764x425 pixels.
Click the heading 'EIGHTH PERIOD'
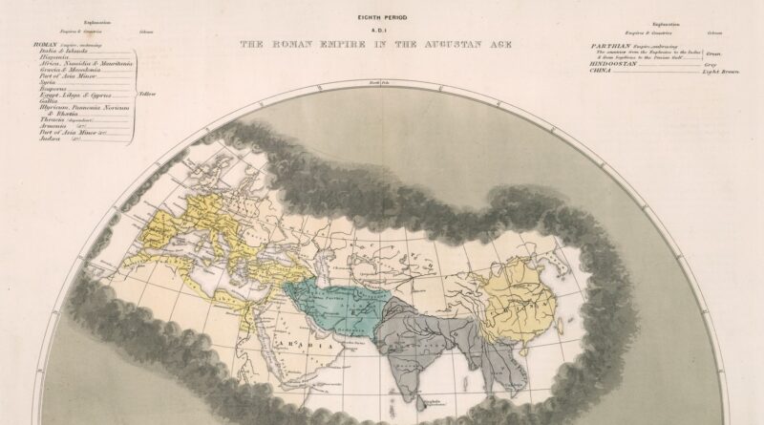[x=381, y=17]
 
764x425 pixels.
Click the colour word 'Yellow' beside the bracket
[x=147, y=95]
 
